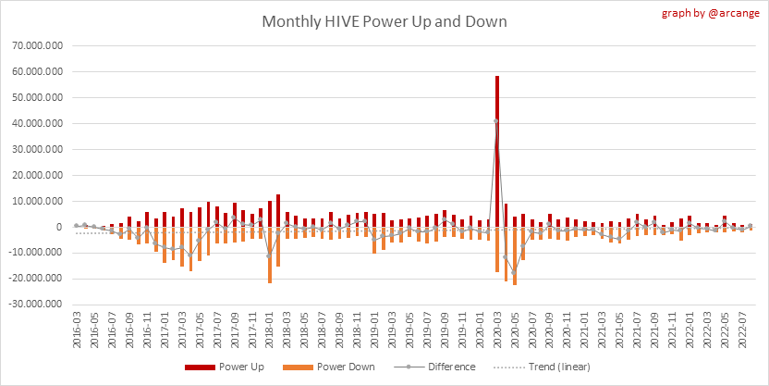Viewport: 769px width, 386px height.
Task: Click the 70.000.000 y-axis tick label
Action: point(34,44)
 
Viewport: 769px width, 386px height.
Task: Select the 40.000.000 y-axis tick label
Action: point(34,123)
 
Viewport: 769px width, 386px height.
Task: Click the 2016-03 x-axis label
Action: point(76,329)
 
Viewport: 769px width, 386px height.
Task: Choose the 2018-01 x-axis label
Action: point(269,329)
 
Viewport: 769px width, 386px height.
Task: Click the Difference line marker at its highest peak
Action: point(496,120)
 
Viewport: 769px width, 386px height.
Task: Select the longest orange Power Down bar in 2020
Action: point(514,255)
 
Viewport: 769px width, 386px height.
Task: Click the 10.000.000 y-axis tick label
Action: point(34,201)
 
